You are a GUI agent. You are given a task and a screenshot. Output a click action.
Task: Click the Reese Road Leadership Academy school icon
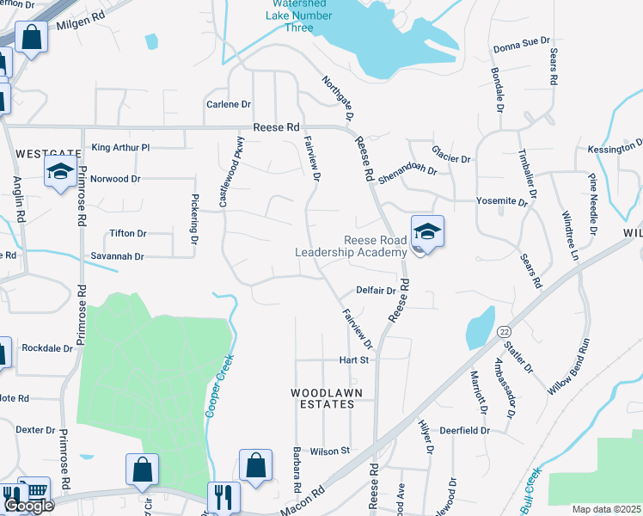point(427,231)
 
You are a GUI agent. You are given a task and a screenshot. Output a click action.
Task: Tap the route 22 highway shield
point(504,332)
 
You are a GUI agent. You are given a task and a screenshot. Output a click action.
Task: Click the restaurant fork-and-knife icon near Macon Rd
point(223,496)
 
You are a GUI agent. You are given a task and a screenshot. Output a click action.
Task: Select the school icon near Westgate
point(61,173)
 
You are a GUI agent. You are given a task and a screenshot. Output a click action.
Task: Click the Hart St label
point(353,359)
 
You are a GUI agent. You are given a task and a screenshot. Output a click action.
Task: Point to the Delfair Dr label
point(376,291)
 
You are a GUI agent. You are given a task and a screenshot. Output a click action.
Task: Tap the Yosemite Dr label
point(502,201)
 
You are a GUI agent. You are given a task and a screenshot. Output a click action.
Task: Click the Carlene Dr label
point(228,104)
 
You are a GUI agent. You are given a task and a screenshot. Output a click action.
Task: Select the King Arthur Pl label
point(120,148)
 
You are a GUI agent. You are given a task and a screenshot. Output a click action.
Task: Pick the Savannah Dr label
point(118,256)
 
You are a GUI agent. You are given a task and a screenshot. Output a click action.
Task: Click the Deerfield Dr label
point(464,430)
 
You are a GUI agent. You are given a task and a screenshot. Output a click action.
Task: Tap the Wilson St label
point(330,451)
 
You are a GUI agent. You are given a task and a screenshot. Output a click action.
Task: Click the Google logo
point(28,506)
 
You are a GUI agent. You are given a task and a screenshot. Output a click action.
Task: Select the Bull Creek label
point(531,486)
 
